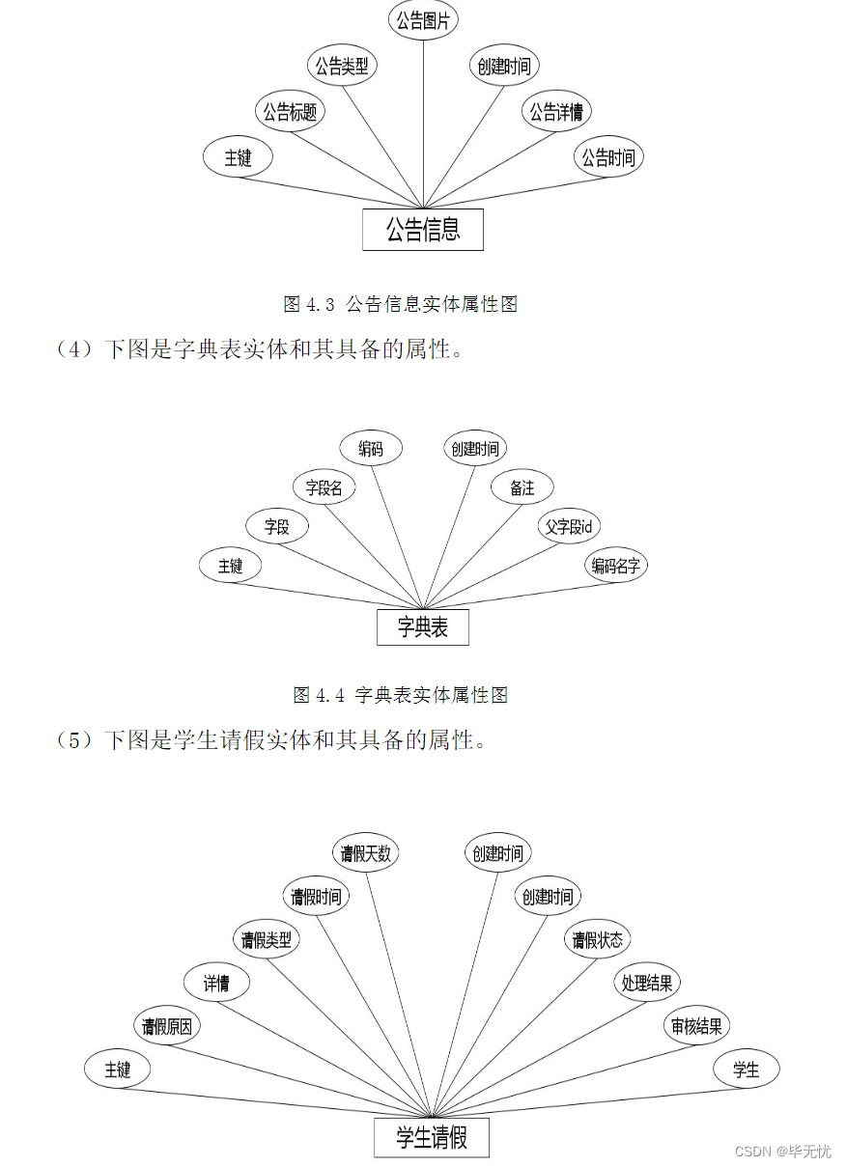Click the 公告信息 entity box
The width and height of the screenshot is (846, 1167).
(x=423, y=230)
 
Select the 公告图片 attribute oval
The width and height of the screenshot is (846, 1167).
(x=423, y=21)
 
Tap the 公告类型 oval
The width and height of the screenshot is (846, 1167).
(x=342, y=67)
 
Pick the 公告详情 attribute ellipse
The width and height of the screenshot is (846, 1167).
(x=556, y=112)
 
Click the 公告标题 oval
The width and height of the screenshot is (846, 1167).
(x=290, y=112)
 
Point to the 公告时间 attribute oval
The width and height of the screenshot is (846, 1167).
(x=608, y=157)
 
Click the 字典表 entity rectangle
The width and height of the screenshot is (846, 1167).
(x=423, y=627)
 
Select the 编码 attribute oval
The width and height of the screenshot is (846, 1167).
(x=371, y=449)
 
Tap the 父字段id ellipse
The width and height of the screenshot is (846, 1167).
(x=569, y=527)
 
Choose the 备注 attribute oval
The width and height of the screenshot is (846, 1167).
(x=522, y=488)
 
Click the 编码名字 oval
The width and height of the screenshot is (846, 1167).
(x=616, y=566)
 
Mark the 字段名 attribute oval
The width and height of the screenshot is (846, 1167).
(x=324, y=488)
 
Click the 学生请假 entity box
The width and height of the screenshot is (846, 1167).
(x=432, y=1138)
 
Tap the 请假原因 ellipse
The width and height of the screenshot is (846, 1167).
(x=167, y=1026)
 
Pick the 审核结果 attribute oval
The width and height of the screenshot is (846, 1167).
(x=696, y=1026)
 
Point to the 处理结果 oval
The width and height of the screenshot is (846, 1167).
(x=647, y=984)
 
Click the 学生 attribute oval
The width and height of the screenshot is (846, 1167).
(x=746, y=1070)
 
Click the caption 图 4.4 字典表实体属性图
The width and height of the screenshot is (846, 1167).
(x=400, y=694)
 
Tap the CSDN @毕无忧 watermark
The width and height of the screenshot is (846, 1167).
(x=782, y=1152)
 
